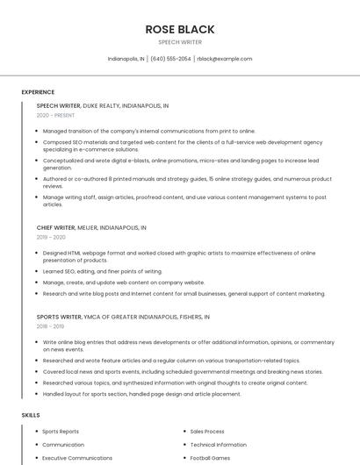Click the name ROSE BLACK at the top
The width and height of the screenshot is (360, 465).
(179, 29)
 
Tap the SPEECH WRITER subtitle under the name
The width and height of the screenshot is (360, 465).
(179, 41)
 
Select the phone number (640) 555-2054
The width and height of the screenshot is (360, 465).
(170, 59)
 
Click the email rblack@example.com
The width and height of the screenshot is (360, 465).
(224, 59)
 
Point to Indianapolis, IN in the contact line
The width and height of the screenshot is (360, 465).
(126, 59)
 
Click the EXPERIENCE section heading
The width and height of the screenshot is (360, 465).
(38, 92)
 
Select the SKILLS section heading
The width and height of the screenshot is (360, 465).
(30, 414)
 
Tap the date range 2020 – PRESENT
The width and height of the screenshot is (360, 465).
(56, 115)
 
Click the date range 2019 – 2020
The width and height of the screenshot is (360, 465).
(51, 237)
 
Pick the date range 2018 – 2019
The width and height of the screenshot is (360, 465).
(51, 325)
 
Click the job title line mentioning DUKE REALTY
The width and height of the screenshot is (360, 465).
(103, 105)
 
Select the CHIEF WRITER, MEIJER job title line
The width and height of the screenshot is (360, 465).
(91, 227)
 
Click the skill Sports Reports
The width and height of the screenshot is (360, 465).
(61, 432)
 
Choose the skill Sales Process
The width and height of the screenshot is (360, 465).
(207, 432)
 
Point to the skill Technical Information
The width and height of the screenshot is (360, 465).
(218, 445)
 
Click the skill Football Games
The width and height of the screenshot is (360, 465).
(209, 458)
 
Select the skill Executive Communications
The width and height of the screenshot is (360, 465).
(77, 458)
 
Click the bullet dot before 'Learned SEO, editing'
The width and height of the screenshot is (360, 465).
(37, 271)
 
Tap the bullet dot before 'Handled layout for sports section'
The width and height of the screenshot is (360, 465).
(37, 394)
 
